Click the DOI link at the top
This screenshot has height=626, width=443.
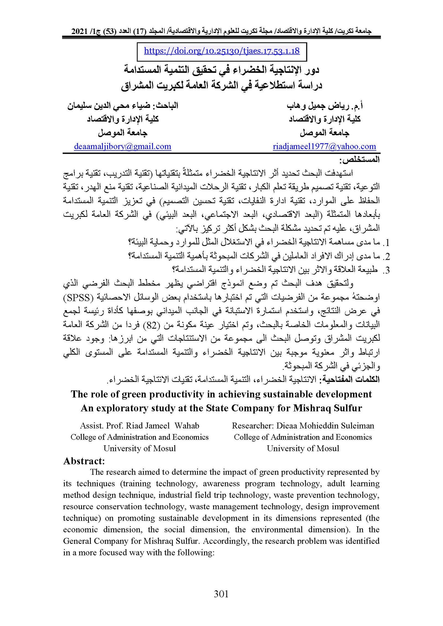tap(222, 51)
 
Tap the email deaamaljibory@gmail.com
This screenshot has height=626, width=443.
tap(122, 146)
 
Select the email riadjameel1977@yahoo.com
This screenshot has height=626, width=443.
tap(324, 146)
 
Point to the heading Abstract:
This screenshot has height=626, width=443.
tap(84, 461)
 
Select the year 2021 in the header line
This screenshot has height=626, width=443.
tap(80, 31)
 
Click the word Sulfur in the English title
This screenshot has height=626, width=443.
tap(348, 408)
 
